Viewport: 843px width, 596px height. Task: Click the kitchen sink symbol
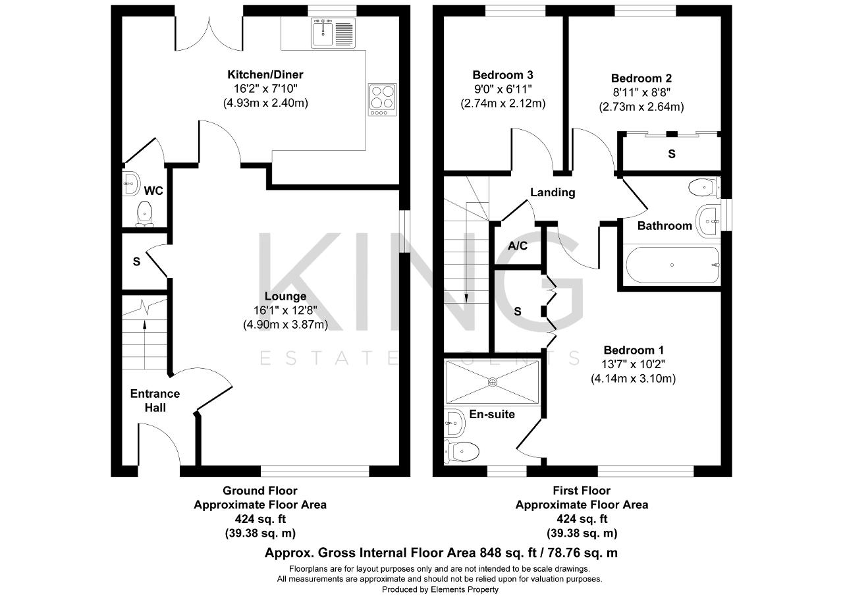click(x=333, y=33)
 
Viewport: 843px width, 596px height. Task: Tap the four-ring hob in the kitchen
click(x=383, y=99)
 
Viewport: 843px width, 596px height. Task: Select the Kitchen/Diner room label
click(x=265, y=74)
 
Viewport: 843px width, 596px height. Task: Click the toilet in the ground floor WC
click(x=144, y=214)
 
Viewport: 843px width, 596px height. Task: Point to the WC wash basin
click(x=131, y=184)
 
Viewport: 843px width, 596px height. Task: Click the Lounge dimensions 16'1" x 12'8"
click(x=285, y=310)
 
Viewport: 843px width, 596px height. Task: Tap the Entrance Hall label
click(x=155, y=400)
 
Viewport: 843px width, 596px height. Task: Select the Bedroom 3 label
click(x=503, y=75)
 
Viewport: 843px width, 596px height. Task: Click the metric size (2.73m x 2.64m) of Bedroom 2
click(x=641, y=107)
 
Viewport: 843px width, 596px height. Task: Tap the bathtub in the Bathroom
click(x=672, y=265)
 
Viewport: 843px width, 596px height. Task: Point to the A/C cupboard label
click(x=518, y=246)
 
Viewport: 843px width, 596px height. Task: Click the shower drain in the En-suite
click(x=493, y=382)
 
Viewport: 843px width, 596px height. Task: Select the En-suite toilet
click(x=462, y=452)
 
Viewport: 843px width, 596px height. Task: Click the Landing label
click(x=553, y=193)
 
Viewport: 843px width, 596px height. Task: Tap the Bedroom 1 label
click(x=634, y=350)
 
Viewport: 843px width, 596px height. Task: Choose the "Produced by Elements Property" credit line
click(x=440, y=589)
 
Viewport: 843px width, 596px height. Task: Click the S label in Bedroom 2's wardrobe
click(x=672, y=153)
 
